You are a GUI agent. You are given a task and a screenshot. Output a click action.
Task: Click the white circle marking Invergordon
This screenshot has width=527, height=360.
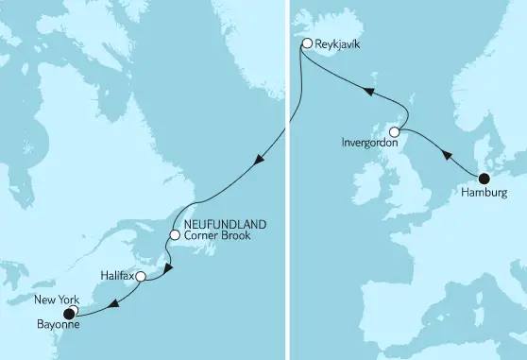click(395, 132)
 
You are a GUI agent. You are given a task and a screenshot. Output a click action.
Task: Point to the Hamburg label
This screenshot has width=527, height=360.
click(487, 193)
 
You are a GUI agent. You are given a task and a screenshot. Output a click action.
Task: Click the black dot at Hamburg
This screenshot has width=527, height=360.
click(484, 179)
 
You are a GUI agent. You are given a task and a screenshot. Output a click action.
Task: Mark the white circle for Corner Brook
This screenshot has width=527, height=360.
click(175, 234)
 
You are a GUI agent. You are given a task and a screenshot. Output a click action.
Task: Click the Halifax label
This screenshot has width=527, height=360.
click(116, 276)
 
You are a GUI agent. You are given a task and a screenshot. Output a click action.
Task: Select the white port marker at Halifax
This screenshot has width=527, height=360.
click(141, 277)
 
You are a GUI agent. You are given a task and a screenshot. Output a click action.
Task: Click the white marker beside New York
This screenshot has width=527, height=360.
click(73, 309)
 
